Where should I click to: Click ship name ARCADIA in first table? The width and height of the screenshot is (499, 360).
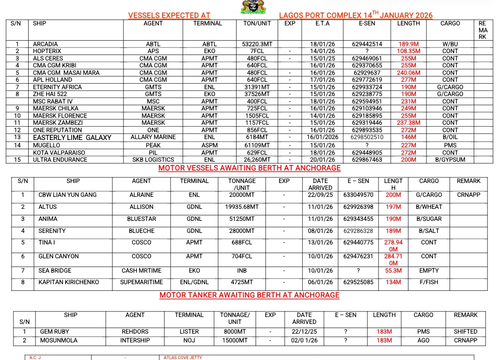(x=45, y=44)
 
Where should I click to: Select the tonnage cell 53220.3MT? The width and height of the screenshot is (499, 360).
(x=257, y=44)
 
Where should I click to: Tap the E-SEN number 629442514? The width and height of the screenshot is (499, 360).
(x=367, y=44)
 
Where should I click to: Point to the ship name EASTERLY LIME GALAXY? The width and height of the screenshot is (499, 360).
(x=72, y=137)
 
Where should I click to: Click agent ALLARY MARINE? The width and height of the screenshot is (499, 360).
(x=153, y=137)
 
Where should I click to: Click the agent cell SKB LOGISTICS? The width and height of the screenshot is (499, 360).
(x=153, y=160)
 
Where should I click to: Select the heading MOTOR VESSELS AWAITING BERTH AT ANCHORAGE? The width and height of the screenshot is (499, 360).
(x=249, y=168)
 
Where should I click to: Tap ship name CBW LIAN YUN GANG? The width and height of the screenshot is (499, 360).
(x=67, y=195)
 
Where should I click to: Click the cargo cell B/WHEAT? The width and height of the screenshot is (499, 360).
(x=429, y=207)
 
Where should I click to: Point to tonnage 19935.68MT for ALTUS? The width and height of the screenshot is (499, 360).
(x=242, y=207)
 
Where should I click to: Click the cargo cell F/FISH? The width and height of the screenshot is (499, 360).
(x=429, y=282)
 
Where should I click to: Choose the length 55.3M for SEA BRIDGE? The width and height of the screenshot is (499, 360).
(x=393, y=271)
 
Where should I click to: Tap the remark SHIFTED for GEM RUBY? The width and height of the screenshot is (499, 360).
(x=465, y=331)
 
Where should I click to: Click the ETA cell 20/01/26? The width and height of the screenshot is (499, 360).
(x=322, y=160)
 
